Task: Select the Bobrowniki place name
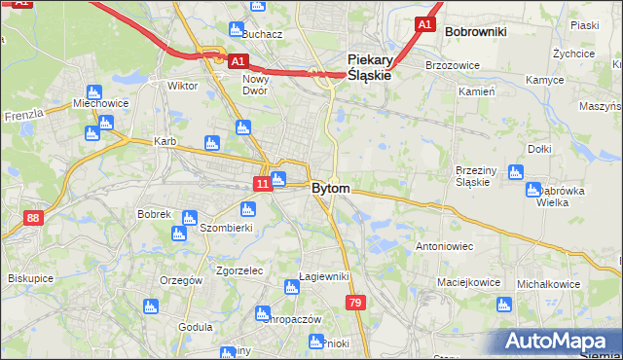point(475,32)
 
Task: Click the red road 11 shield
point(263,183)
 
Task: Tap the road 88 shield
point(34,218)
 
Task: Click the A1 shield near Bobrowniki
point(423,23)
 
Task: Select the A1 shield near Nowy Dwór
point(238,61)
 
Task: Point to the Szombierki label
point(226,228)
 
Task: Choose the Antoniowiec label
point(444,247)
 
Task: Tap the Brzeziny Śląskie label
point(478,176)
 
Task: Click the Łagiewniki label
point(324,277)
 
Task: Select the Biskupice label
point(30,278)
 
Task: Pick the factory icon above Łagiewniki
point(290,286)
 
